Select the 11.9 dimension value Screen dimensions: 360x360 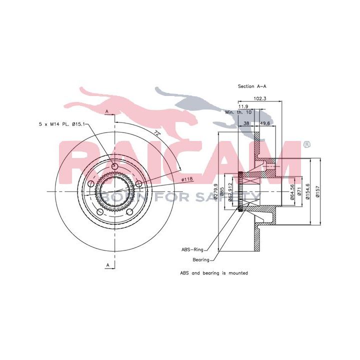(243, 106)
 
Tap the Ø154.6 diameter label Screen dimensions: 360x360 (309, 189)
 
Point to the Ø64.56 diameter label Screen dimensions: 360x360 (292, 190)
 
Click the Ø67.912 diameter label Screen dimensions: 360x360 (230, 191)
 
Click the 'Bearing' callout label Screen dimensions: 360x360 (201, 259)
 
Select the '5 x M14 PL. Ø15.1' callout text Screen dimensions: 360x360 (63, 123)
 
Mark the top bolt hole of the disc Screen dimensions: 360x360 (115, 166)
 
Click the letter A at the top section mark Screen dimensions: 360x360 (106, 111)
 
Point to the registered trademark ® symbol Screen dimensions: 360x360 (306, 145)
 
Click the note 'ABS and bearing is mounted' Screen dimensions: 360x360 (214, 273)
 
